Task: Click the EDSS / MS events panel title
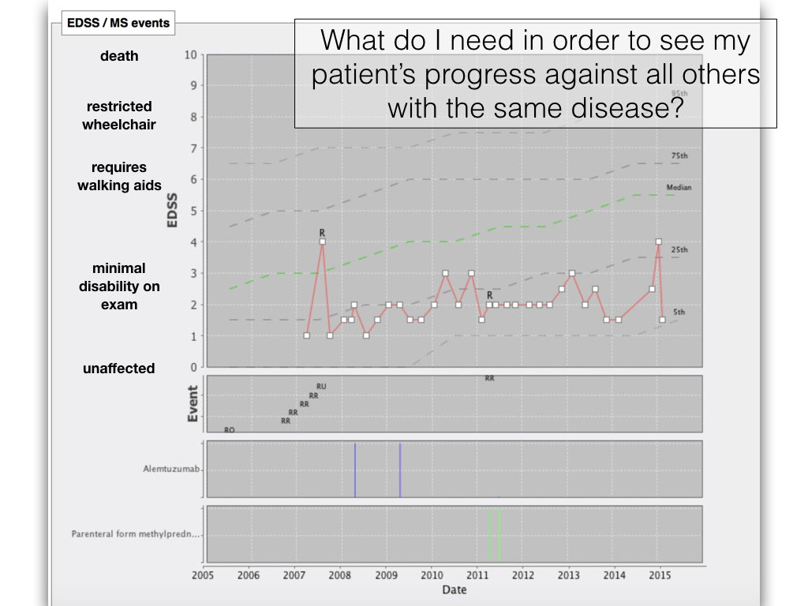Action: click(x=118, y=23)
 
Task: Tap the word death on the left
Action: click(x=119, y=56)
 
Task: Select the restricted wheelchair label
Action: click(x=119, y=115)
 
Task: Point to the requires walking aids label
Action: click(x=119, y=176)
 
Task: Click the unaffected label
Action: click(x=119, y=368)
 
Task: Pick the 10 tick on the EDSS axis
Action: click(x=190, y=54)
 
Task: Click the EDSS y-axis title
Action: click(x=173, y=211)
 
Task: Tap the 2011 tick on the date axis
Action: click(x=477, y=576)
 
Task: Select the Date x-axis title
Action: click(x=454, y=589)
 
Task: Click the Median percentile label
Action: click(x=679, y=188)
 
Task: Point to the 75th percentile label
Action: click(x=679, y=156)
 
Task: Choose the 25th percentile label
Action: click(x=679, y=250)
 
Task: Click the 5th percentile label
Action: click(x=679, y=312)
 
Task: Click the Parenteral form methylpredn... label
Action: click(x=137, y=534)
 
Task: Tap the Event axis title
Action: click(x=193, y=403)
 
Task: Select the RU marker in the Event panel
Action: click(x=321, y=387)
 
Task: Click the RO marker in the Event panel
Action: click(x=230, y=430)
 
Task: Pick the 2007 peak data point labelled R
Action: click(x=322, y=241)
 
